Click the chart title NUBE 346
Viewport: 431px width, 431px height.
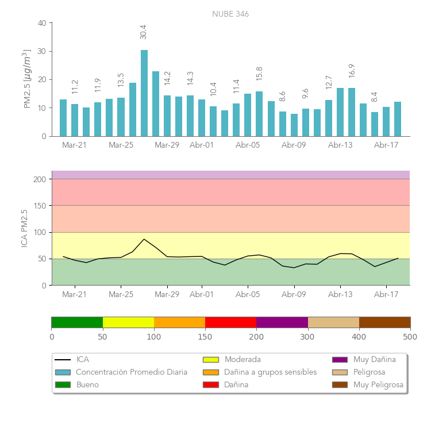230,14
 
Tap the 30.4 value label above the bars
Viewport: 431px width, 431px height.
144,32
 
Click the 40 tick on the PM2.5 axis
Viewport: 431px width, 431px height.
42,23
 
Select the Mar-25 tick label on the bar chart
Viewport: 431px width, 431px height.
121,145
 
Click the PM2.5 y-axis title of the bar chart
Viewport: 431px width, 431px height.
26,79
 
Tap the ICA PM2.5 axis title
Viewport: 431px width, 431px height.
25,228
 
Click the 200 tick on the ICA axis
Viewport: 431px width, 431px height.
40,179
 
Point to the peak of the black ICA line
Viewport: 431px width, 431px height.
144,239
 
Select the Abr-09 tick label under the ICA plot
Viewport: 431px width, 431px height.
294,294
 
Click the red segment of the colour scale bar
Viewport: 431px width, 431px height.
230,322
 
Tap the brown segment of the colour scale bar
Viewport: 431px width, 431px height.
384,322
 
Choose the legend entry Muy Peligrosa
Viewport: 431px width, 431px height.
378,384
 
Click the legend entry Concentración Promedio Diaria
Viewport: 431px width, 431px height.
132,372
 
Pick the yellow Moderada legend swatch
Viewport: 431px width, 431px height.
211,360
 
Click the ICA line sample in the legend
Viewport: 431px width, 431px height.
63,360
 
